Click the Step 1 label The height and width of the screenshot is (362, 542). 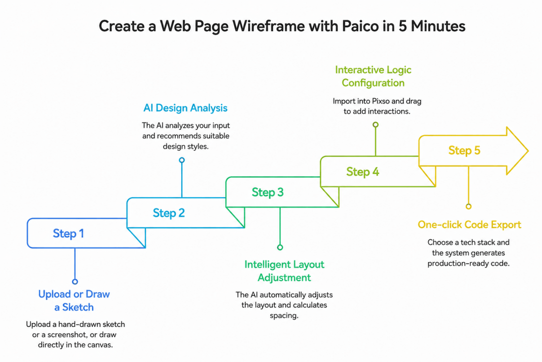click(68, 233)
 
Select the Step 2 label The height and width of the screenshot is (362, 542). click(169, 213)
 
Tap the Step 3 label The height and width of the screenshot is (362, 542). click(268, 192)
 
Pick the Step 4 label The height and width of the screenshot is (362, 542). click(363, 172)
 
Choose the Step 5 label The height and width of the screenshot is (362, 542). click(464, 151)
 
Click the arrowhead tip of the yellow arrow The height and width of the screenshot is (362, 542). click(528, 151)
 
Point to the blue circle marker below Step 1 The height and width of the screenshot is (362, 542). click(75, 281)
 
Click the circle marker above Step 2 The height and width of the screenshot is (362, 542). click(182, 160)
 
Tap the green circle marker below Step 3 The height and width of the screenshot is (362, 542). click(280, 247)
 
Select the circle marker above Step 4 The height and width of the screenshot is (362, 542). click(375, 124)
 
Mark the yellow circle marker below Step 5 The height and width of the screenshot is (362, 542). click(468, 207)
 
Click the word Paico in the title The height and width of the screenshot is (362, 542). click(360, 26)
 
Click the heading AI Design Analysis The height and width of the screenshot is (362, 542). click(185, 108)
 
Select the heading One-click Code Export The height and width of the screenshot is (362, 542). click(469, 225)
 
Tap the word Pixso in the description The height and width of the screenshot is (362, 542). click(381, 101)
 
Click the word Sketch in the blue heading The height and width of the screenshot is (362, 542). click(78, 308)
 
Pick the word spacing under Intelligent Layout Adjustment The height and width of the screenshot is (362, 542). click(284, 316)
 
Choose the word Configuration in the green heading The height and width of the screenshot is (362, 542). click(373, 83)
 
